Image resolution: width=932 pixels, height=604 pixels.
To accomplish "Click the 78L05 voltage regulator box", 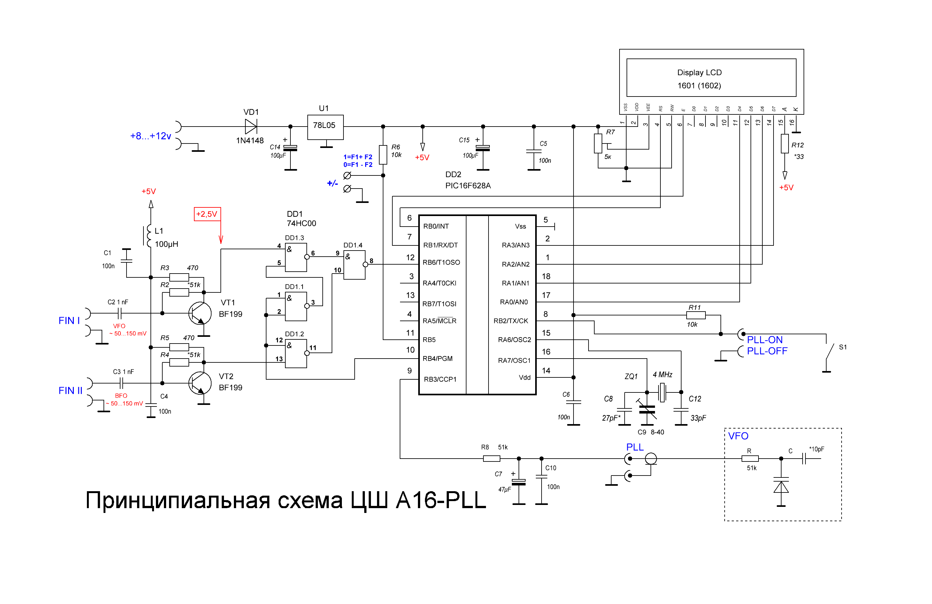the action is pos(325,127).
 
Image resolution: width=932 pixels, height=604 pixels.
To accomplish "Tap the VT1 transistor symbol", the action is pos(200,314).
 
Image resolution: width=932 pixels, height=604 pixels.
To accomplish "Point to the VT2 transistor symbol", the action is pos(200,383).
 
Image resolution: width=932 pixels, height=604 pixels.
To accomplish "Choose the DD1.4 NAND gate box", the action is pos(354,265).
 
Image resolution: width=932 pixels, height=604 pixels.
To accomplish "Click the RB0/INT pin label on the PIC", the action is pos(436,226).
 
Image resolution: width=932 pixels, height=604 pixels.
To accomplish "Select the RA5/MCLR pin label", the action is pos(439,321).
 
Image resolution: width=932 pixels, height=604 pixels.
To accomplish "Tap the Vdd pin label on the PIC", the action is pos(525,378).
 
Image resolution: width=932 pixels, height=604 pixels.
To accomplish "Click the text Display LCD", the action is pos(699,73).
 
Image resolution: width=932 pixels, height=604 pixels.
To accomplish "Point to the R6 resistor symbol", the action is pos(383,155).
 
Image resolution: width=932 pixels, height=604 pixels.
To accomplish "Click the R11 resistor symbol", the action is pos(696,315).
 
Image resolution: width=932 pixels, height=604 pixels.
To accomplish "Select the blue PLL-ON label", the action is pos(765,340).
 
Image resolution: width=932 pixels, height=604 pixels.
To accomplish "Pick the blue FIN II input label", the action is pos(71,391).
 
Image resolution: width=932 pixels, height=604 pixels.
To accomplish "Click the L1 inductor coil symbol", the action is pos(149,236).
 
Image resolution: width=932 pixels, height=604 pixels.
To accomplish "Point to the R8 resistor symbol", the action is pos(491,459).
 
